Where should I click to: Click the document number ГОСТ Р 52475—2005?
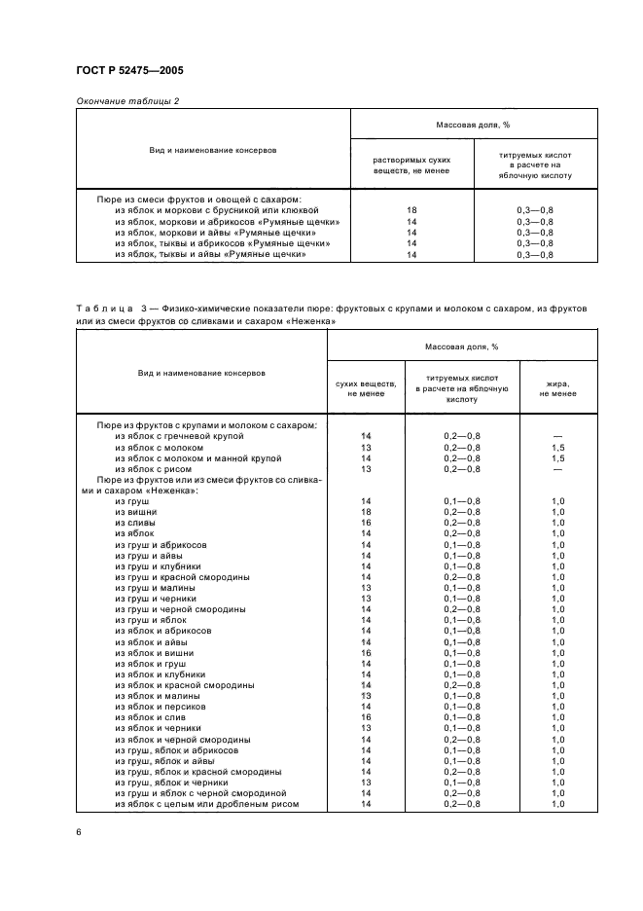(129, 71)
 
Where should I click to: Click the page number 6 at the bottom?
(78, 832)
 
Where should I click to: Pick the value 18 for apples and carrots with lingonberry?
(411, 209)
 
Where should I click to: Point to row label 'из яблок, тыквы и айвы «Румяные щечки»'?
(210, 254)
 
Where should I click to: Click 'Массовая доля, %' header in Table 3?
(462, 346)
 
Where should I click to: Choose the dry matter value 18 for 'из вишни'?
(367, 511)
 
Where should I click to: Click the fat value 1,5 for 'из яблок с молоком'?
(557, 447)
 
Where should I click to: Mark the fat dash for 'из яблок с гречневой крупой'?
(557, 436)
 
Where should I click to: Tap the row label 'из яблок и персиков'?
(156, 706)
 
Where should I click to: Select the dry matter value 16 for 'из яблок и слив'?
(367, 716)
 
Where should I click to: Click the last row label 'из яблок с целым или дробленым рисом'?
(206, 804)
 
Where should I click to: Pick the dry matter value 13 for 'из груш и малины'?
(367, 587)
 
